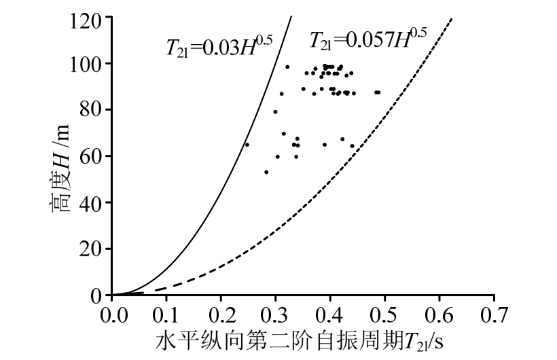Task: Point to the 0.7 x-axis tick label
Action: pyautogui.click(x=494, y=315)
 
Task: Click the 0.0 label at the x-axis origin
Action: pyautogui.click(x=111, y=315)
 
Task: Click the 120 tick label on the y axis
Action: pyautogui.click(x=86, y=18)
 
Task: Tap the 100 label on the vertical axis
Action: pyautogui.click(x=86, y=64)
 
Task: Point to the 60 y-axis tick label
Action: pyautogui.click(x=90, y=156)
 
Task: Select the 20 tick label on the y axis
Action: pyautogui.click(x=90, y=249)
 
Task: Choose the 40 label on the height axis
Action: pyautogui.click(x=90, y=202)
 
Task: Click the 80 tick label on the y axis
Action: pyautogui.click(x=90, y=110)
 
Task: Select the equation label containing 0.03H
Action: pyautogui.click(x=219, y=46)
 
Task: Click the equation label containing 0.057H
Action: pyautogui.click(x=367, y=39)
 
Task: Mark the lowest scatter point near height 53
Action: pyautogui.click(x=266, y=172)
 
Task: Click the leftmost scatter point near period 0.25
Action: pyautogui.click(x=247, y=145)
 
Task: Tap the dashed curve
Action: pyautogui.click(x=340, y=204)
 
